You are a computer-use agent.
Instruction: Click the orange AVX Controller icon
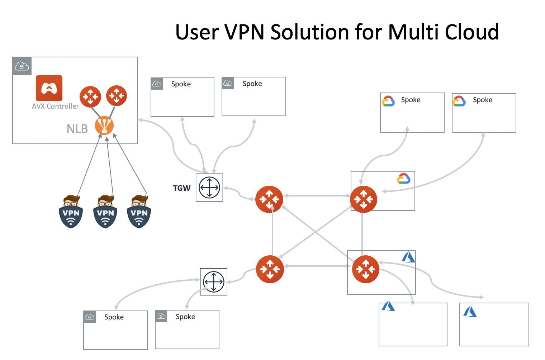[x=49, y=88]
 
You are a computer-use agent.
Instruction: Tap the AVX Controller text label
[x=55, y=106]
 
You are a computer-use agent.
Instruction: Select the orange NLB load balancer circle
[x=104, y=125]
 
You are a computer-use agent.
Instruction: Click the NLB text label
[x=77, y=129]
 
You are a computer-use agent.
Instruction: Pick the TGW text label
[x=182, y=188]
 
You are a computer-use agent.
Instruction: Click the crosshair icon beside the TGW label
[x=209, y=188]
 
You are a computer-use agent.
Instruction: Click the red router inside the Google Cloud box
[x=364, y=199]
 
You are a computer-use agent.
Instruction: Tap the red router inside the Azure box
[x=365, y=269]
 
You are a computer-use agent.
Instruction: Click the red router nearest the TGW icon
[x=269, y=199]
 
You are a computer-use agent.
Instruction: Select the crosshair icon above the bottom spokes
[x=214, y=282]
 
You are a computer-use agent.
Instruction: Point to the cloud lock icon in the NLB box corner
[x=22, y=66]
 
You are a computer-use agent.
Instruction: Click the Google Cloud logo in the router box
[x=404, y=179]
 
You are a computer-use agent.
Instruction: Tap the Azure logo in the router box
[x=408, y=257]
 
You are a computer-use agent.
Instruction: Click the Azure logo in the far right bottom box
[x=470, y=311]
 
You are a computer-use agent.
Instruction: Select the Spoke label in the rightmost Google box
[x=482, y=100]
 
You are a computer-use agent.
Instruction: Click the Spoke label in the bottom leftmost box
[x=114, y=317]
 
